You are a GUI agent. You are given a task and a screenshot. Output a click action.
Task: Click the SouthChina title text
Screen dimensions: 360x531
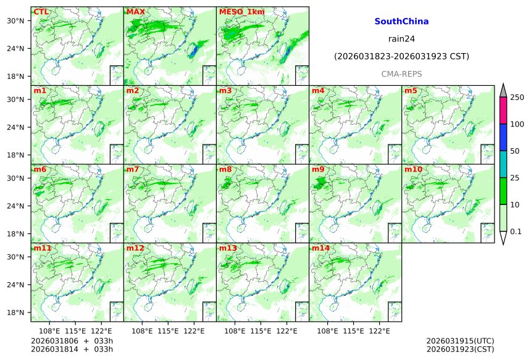pyautogui.click(x=401, y=22)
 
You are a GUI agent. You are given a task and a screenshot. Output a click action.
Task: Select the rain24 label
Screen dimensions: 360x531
pyautogui.click(x=401, y=39)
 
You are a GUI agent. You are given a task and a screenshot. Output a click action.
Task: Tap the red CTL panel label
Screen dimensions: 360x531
pyautogui.click(x=41, y=12)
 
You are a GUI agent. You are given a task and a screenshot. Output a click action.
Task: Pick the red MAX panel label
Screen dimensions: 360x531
pyautogui.click(x=135, y=12)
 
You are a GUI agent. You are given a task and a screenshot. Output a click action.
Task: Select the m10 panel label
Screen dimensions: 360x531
pyautogui.click(x=414, y=169)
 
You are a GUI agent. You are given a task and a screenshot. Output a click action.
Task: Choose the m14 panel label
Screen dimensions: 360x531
pyautogui.click(x=320, y=248)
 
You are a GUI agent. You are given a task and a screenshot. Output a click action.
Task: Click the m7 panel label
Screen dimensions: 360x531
pyautogui.click(x=133, y=169)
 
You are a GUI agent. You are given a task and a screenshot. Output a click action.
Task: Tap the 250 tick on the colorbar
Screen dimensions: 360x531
pyautogui.click(x=517, y=98)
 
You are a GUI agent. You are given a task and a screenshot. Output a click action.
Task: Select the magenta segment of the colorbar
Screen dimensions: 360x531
pyautogui.click(x=503, y=111)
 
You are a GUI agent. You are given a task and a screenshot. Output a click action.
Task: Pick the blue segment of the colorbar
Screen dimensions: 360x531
pyautogui.click(x=503, y=137)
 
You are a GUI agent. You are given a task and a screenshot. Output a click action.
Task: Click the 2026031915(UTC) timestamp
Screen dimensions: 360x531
pyautogui.click(x=460, y=341)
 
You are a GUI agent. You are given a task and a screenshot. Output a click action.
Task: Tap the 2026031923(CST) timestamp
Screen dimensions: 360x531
pyautogui.click(x=460, y=349)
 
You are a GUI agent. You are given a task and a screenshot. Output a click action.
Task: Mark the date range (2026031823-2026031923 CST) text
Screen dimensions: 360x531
pyautogui.click(x=401, y=57)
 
